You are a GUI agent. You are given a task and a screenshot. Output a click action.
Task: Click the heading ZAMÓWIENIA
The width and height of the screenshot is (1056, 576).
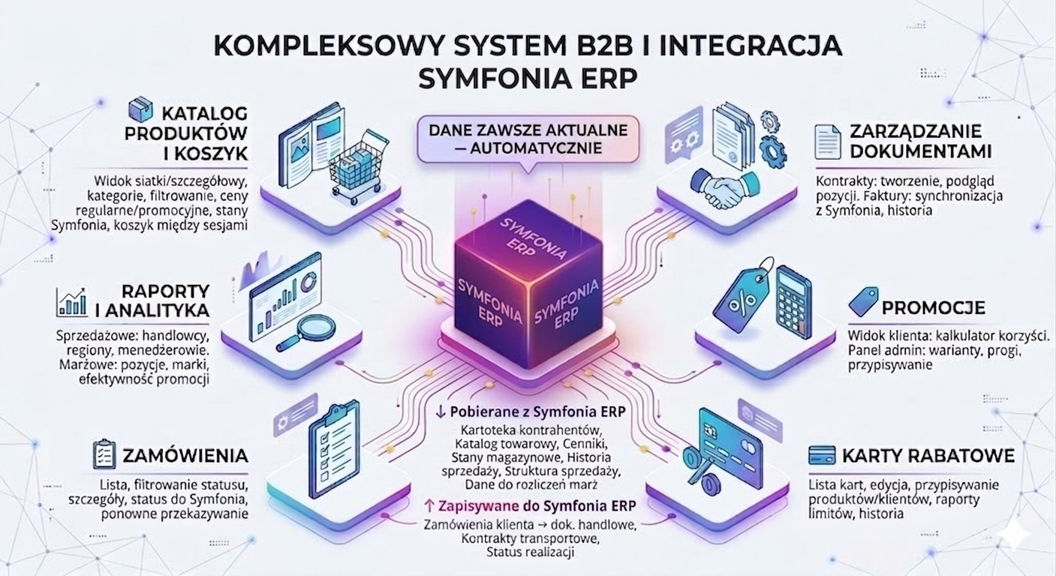[x=185, y=455]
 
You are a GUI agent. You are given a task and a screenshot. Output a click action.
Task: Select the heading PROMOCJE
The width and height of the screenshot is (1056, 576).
[x=933, y=307]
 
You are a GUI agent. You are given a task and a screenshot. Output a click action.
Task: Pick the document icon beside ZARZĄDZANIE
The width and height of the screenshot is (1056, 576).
[x=828, y=141]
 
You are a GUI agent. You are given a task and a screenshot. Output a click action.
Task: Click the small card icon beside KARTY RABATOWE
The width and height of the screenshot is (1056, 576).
[x=823, y=455]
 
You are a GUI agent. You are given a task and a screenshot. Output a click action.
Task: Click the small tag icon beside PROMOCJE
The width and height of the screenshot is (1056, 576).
[x=862, y=301]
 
